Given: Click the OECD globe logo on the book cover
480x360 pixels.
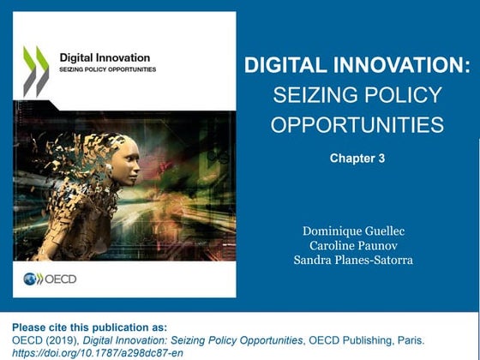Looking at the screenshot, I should click(x=33, y=279).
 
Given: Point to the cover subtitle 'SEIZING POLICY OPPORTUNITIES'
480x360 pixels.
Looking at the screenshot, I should click(x=107, y=69).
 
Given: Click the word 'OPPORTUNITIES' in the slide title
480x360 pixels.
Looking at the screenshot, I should click(x=357, y=125).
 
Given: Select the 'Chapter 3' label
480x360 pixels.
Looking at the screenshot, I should click(x=357, y=158).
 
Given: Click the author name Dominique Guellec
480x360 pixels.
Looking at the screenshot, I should click(x=357, y=231).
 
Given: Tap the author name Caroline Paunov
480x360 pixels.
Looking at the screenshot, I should click(x=357, y=244).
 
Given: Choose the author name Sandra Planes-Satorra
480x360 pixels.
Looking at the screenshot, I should click(x=357, y=259).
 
